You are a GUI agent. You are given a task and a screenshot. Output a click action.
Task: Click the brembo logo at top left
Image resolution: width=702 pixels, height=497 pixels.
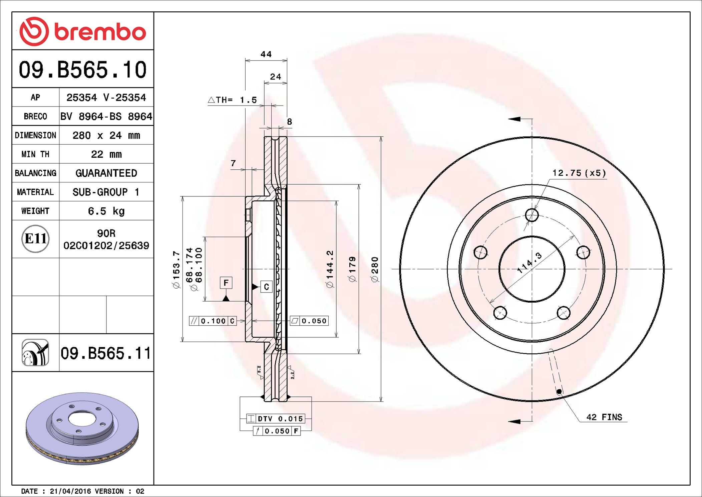83,31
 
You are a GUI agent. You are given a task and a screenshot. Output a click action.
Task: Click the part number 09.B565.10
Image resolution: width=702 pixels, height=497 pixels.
83,70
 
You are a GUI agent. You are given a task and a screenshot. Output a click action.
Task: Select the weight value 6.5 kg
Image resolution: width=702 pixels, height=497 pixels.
106,211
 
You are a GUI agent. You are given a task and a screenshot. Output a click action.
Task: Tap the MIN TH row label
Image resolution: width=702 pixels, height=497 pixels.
35,154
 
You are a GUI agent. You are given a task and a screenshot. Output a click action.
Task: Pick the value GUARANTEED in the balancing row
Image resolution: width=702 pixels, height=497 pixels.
106,173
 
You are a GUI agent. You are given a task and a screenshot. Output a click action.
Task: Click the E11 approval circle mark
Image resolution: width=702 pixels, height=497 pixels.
35,239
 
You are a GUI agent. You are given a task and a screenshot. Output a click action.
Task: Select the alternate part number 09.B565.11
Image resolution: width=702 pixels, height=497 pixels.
106,353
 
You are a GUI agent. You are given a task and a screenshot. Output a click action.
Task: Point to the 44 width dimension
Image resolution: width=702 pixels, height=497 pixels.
266,54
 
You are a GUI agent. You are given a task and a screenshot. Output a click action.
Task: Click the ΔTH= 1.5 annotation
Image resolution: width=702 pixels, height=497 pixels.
233,100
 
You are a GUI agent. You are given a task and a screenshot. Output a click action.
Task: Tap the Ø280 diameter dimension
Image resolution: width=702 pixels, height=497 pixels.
375,269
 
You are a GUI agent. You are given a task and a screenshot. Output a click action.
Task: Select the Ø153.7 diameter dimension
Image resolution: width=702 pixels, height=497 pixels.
176,269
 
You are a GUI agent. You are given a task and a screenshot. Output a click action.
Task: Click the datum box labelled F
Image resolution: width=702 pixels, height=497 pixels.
226,283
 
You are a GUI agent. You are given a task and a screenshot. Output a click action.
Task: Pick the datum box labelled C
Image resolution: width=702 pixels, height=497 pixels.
266,287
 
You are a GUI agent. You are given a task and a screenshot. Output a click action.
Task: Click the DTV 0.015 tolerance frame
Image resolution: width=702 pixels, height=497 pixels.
276,419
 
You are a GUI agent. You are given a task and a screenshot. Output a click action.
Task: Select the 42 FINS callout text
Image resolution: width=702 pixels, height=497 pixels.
604,417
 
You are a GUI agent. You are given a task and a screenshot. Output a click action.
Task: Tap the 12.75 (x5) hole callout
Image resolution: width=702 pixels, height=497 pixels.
579,173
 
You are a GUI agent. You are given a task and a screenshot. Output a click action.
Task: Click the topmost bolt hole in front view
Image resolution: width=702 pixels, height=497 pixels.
532,215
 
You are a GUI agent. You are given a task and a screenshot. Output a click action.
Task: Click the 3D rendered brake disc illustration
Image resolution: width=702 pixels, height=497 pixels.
82,428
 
